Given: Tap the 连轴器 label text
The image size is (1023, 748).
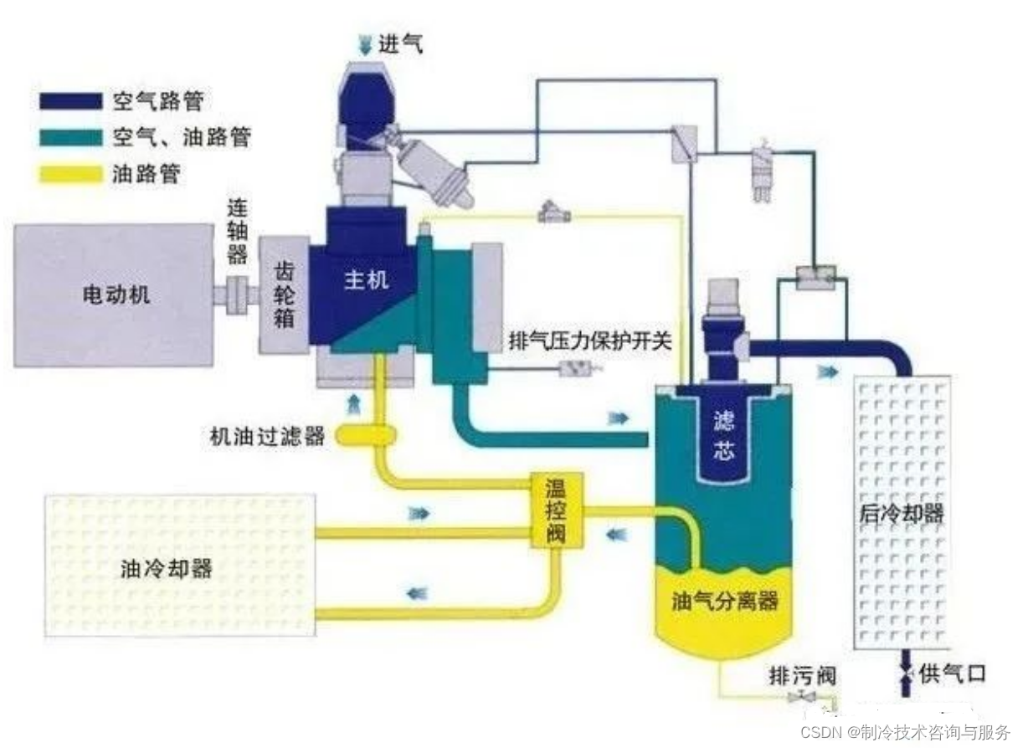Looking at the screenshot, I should [238, 230].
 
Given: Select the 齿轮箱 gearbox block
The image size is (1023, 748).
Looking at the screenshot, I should [285, 294].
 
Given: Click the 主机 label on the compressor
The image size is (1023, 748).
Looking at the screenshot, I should [367, 280].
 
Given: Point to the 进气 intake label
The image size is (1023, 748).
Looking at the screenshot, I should [402, 43].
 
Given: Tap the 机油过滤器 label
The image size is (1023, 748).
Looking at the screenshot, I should [267, 437].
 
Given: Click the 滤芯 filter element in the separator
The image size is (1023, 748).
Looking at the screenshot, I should [723, 436].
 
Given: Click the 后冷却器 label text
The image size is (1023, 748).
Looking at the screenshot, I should [902, 513].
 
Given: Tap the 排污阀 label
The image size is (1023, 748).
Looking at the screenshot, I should [802, 675].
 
